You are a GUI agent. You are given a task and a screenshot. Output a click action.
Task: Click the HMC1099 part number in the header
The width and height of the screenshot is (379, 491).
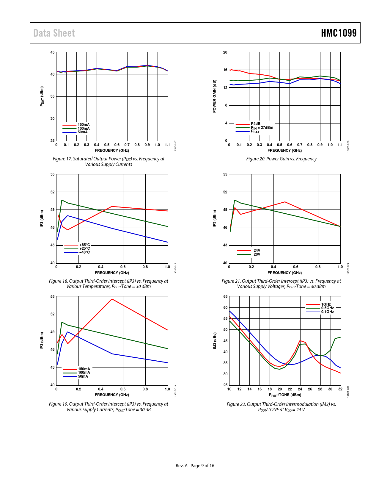[339, 33]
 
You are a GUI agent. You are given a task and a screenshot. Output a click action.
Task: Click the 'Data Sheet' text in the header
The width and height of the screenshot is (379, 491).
[54, 33]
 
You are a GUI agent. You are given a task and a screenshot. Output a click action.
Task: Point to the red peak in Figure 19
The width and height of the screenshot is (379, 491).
[112, 299]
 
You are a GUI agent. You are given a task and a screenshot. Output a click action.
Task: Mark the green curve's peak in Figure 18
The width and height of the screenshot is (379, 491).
[62, 200]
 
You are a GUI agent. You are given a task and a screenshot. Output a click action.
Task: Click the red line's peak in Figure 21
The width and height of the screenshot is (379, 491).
[285, 202]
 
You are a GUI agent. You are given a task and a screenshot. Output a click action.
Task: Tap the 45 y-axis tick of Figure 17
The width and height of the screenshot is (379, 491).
[52, 52]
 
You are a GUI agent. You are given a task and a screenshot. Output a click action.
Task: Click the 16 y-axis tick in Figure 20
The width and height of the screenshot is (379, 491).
[225, 70]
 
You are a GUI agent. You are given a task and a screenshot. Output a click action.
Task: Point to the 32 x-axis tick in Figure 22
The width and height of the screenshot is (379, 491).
[340, 389]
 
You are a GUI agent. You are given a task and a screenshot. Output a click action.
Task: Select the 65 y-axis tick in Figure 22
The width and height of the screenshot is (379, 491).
[225, 297]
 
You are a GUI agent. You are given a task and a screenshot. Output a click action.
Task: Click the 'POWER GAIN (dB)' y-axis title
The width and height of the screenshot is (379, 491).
[215, 96]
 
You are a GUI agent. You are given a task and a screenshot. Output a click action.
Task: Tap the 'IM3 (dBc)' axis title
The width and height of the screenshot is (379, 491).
[215, 341]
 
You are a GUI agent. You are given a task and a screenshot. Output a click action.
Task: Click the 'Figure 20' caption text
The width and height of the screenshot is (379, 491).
[281, 159]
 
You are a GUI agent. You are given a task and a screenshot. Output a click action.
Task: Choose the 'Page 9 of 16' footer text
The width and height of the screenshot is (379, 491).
[202, 466]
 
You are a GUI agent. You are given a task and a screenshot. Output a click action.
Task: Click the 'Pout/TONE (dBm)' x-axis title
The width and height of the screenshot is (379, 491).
[285, 395]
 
